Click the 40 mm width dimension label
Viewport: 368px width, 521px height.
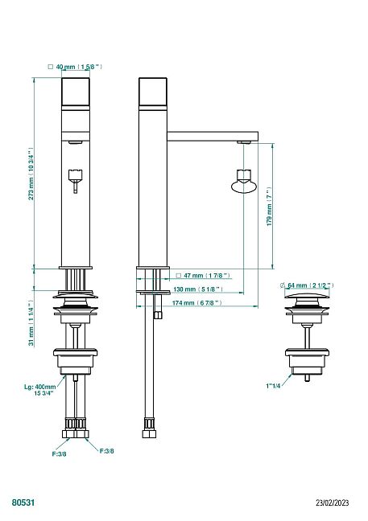click(x=75, y=67)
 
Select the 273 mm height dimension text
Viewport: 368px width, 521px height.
click(x=31, y=174)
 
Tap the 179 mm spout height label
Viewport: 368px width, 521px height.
click(x=270, y=207)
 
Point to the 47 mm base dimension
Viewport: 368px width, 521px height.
click(x=203, y=276)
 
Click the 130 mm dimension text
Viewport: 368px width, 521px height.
click(x=198, y=289)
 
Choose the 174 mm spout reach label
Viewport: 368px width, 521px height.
click(x=196, y=303)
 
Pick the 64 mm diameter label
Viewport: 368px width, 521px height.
click(x=307, y=285)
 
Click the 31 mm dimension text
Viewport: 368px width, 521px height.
click(x=31, y=324)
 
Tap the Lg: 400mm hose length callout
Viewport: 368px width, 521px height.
click(x=40, y=390)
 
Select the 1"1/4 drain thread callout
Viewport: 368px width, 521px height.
click(x=273, y=386)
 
